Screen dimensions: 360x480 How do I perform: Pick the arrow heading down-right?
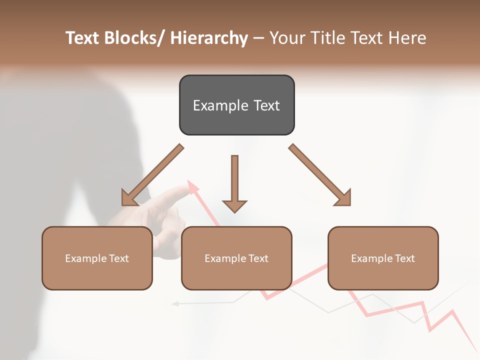320,175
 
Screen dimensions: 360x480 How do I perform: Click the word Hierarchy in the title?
209,38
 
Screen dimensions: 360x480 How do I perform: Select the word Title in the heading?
329,38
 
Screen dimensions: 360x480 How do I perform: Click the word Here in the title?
407,38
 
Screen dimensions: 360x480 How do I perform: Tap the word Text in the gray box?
266,105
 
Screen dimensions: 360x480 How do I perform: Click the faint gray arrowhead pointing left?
175,303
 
